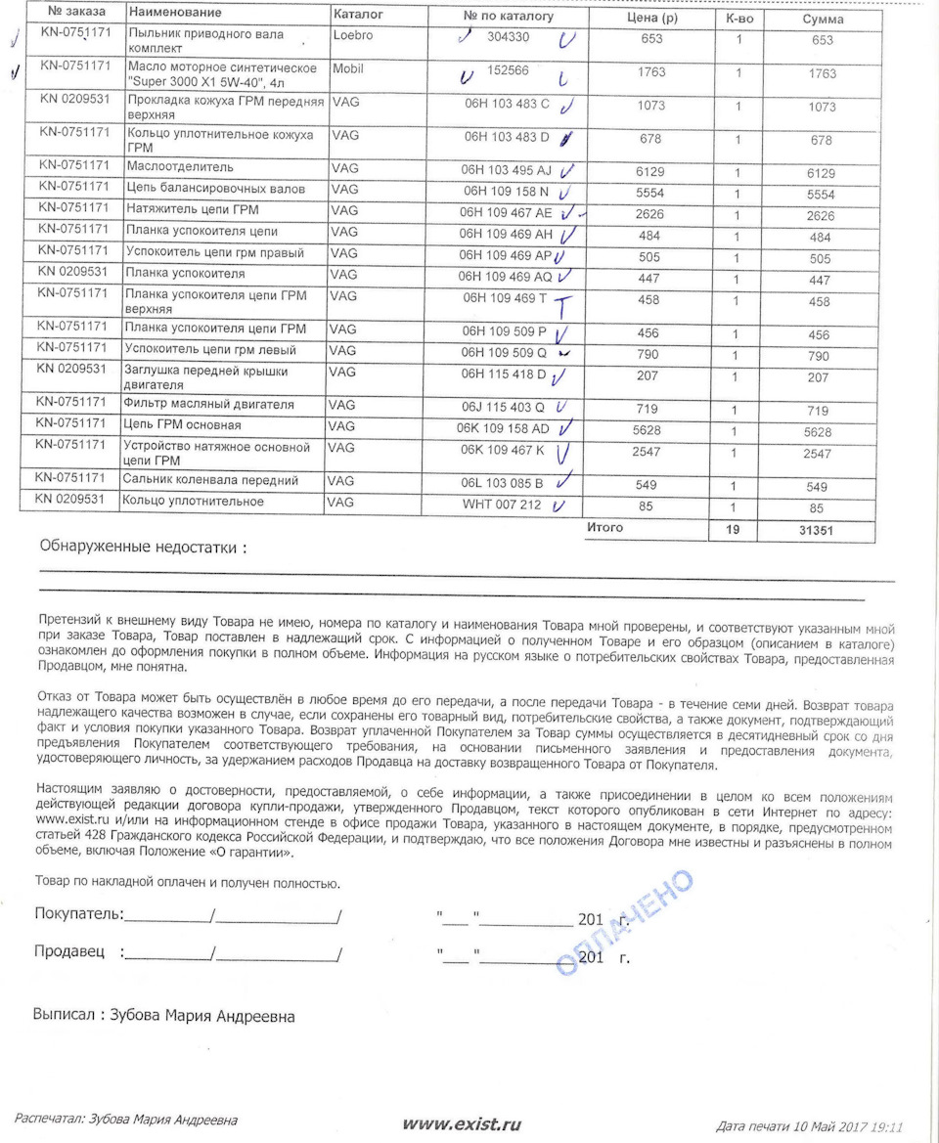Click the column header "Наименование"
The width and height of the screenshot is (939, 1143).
175,14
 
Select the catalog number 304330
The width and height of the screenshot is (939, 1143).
508,37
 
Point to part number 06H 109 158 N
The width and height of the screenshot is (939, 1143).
506,191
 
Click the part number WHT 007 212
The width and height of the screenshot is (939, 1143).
501,505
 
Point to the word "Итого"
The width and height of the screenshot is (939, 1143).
604,528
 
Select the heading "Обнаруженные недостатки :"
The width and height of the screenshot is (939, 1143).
143,548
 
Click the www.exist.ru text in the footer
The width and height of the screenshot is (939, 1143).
462,1124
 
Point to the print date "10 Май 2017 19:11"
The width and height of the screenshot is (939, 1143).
846,1126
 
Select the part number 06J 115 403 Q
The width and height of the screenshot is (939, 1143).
504,406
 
